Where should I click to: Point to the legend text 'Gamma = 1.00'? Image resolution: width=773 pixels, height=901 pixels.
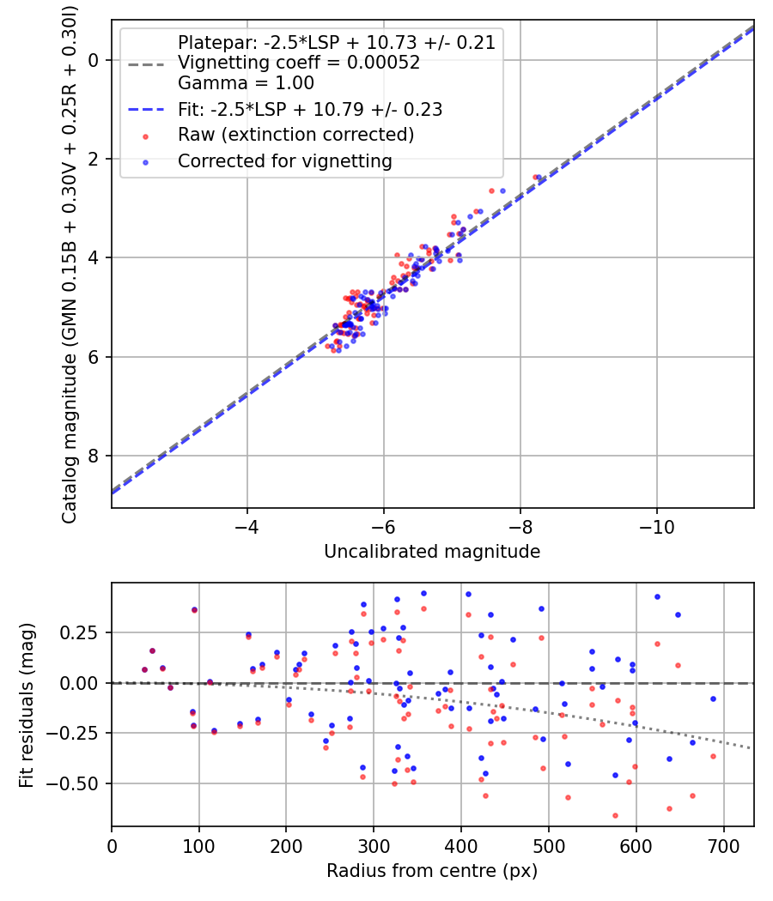coord(246,82)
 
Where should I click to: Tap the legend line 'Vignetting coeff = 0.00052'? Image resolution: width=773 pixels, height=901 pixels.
coord(299,62)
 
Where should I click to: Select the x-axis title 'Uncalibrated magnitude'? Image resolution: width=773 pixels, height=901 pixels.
coord(432,552)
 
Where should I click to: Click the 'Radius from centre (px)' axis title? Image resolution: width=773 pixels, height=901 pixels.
coord(432,871)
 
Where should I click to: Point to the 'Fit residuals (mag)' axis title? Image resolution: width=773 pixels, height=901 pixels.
coord(27,705)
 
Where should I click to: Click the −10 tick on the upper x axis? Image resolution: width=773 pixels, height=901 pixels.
coord(657,526)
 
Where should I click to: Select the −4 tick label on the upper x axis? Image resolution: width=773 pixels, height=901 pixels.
coord(247,526)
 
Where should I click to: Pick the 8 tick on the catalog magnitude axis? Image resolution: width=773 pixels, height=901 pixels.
coord(93,456)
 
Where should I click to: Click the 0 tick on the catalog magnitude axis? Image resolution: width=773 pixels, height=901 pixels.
coord(93,60)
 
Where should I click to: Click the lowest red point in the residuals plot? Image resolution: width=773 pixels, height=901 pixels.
coord(616,815)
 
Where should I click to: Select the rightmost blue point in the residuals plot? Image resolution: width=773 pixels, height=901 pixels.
coord(713,698)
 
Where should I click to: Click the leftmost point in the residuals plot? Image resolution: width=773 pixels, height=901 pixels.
coord(144,669)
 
